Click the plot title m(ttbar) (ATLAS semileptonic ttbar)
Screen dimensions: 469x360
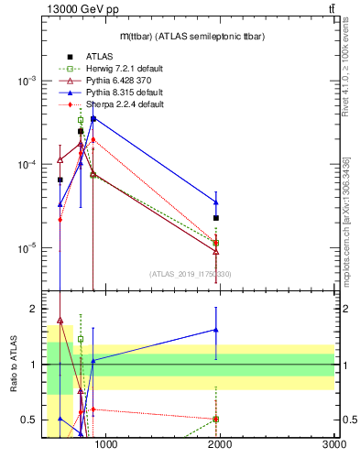click(x=191, y=36)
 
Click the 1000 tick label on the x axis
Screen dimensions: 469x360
click(x=106, y=445)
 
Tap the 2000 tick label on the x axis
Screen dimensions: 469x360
click(x=221, y=445)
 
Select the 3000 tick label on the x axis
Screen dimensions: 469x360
click(x=333, y=445)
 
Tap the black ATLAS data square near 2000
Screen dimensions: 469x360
click(x=216, y=218)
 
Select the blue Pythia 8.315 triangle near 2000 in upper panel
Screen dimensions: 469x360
click(x=216, y=202)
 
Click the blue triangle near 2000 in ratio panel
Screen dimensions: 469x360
click(x=216, y=330)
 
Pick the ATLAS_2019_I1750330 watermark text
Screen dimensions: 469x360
click(x=190, y=274)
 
